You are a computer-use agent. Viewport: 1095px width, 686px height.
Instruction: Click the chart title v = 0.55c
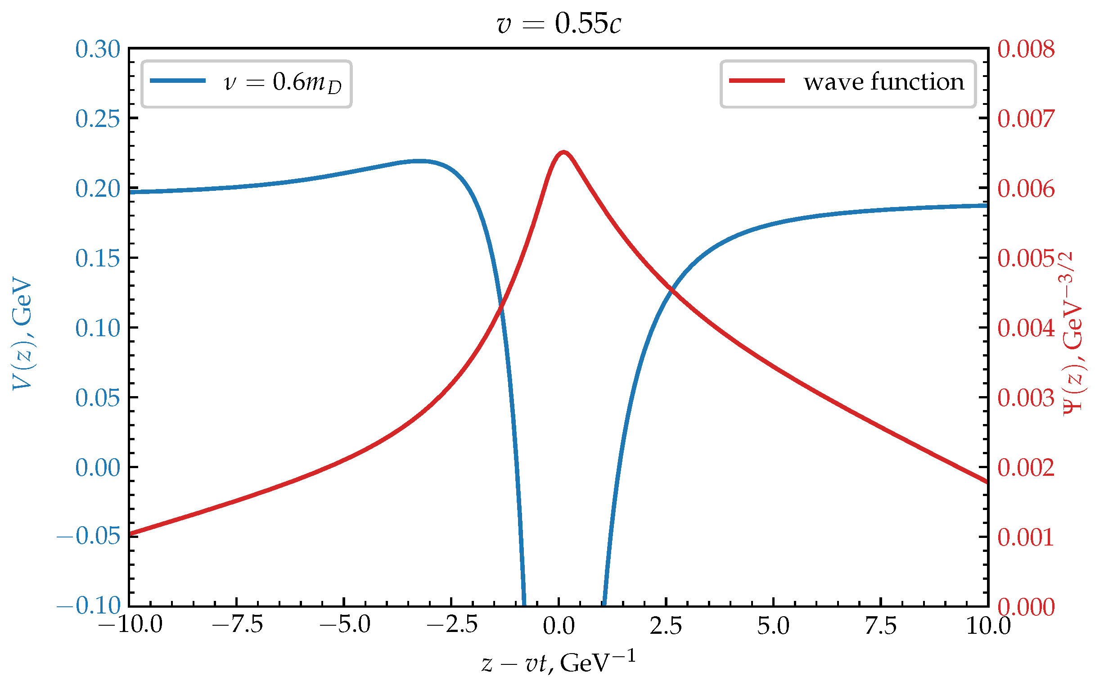click(559, 23)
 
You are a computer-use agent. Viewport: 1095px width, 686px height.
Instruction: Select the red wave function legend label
click(883, 82)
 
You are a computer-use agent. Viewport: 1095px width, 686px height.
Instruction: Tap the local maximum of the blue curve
click(420, 161)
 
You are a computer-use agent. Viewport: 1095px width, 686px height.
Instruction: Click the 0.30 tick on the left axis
click(98, 49)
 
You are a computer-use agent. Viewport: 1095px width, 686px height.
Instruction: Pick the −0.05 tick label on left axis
click(89, 536)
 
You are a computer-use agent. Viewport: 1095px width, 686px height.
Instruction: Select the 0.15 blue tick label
click(98, 258)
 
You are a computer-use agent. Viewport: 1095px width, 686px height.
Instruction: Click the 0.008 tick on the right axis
click(1026, 49)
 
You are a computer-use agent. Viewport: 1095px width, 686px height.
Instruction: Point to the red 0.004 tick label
click(1026, 328)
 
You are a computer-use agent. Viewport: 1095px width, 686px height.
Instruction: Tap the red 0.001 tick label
click(1026, 537)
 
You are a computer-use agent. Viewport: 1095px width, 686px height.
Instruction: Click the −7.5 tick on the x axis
click(237, 626)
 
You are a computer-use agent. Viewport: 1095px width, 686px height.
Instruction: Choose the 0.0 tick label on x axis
click(559, 626)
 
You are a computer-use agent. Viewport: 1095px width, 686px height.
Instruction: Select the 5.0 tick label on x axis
click(773, 626)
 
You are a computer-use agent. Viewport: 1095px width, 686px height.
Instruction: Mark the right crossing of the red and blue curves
click(672, 289)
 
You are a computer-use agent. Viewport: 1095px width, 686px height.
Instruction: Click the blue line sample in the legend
click(178, 81)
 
